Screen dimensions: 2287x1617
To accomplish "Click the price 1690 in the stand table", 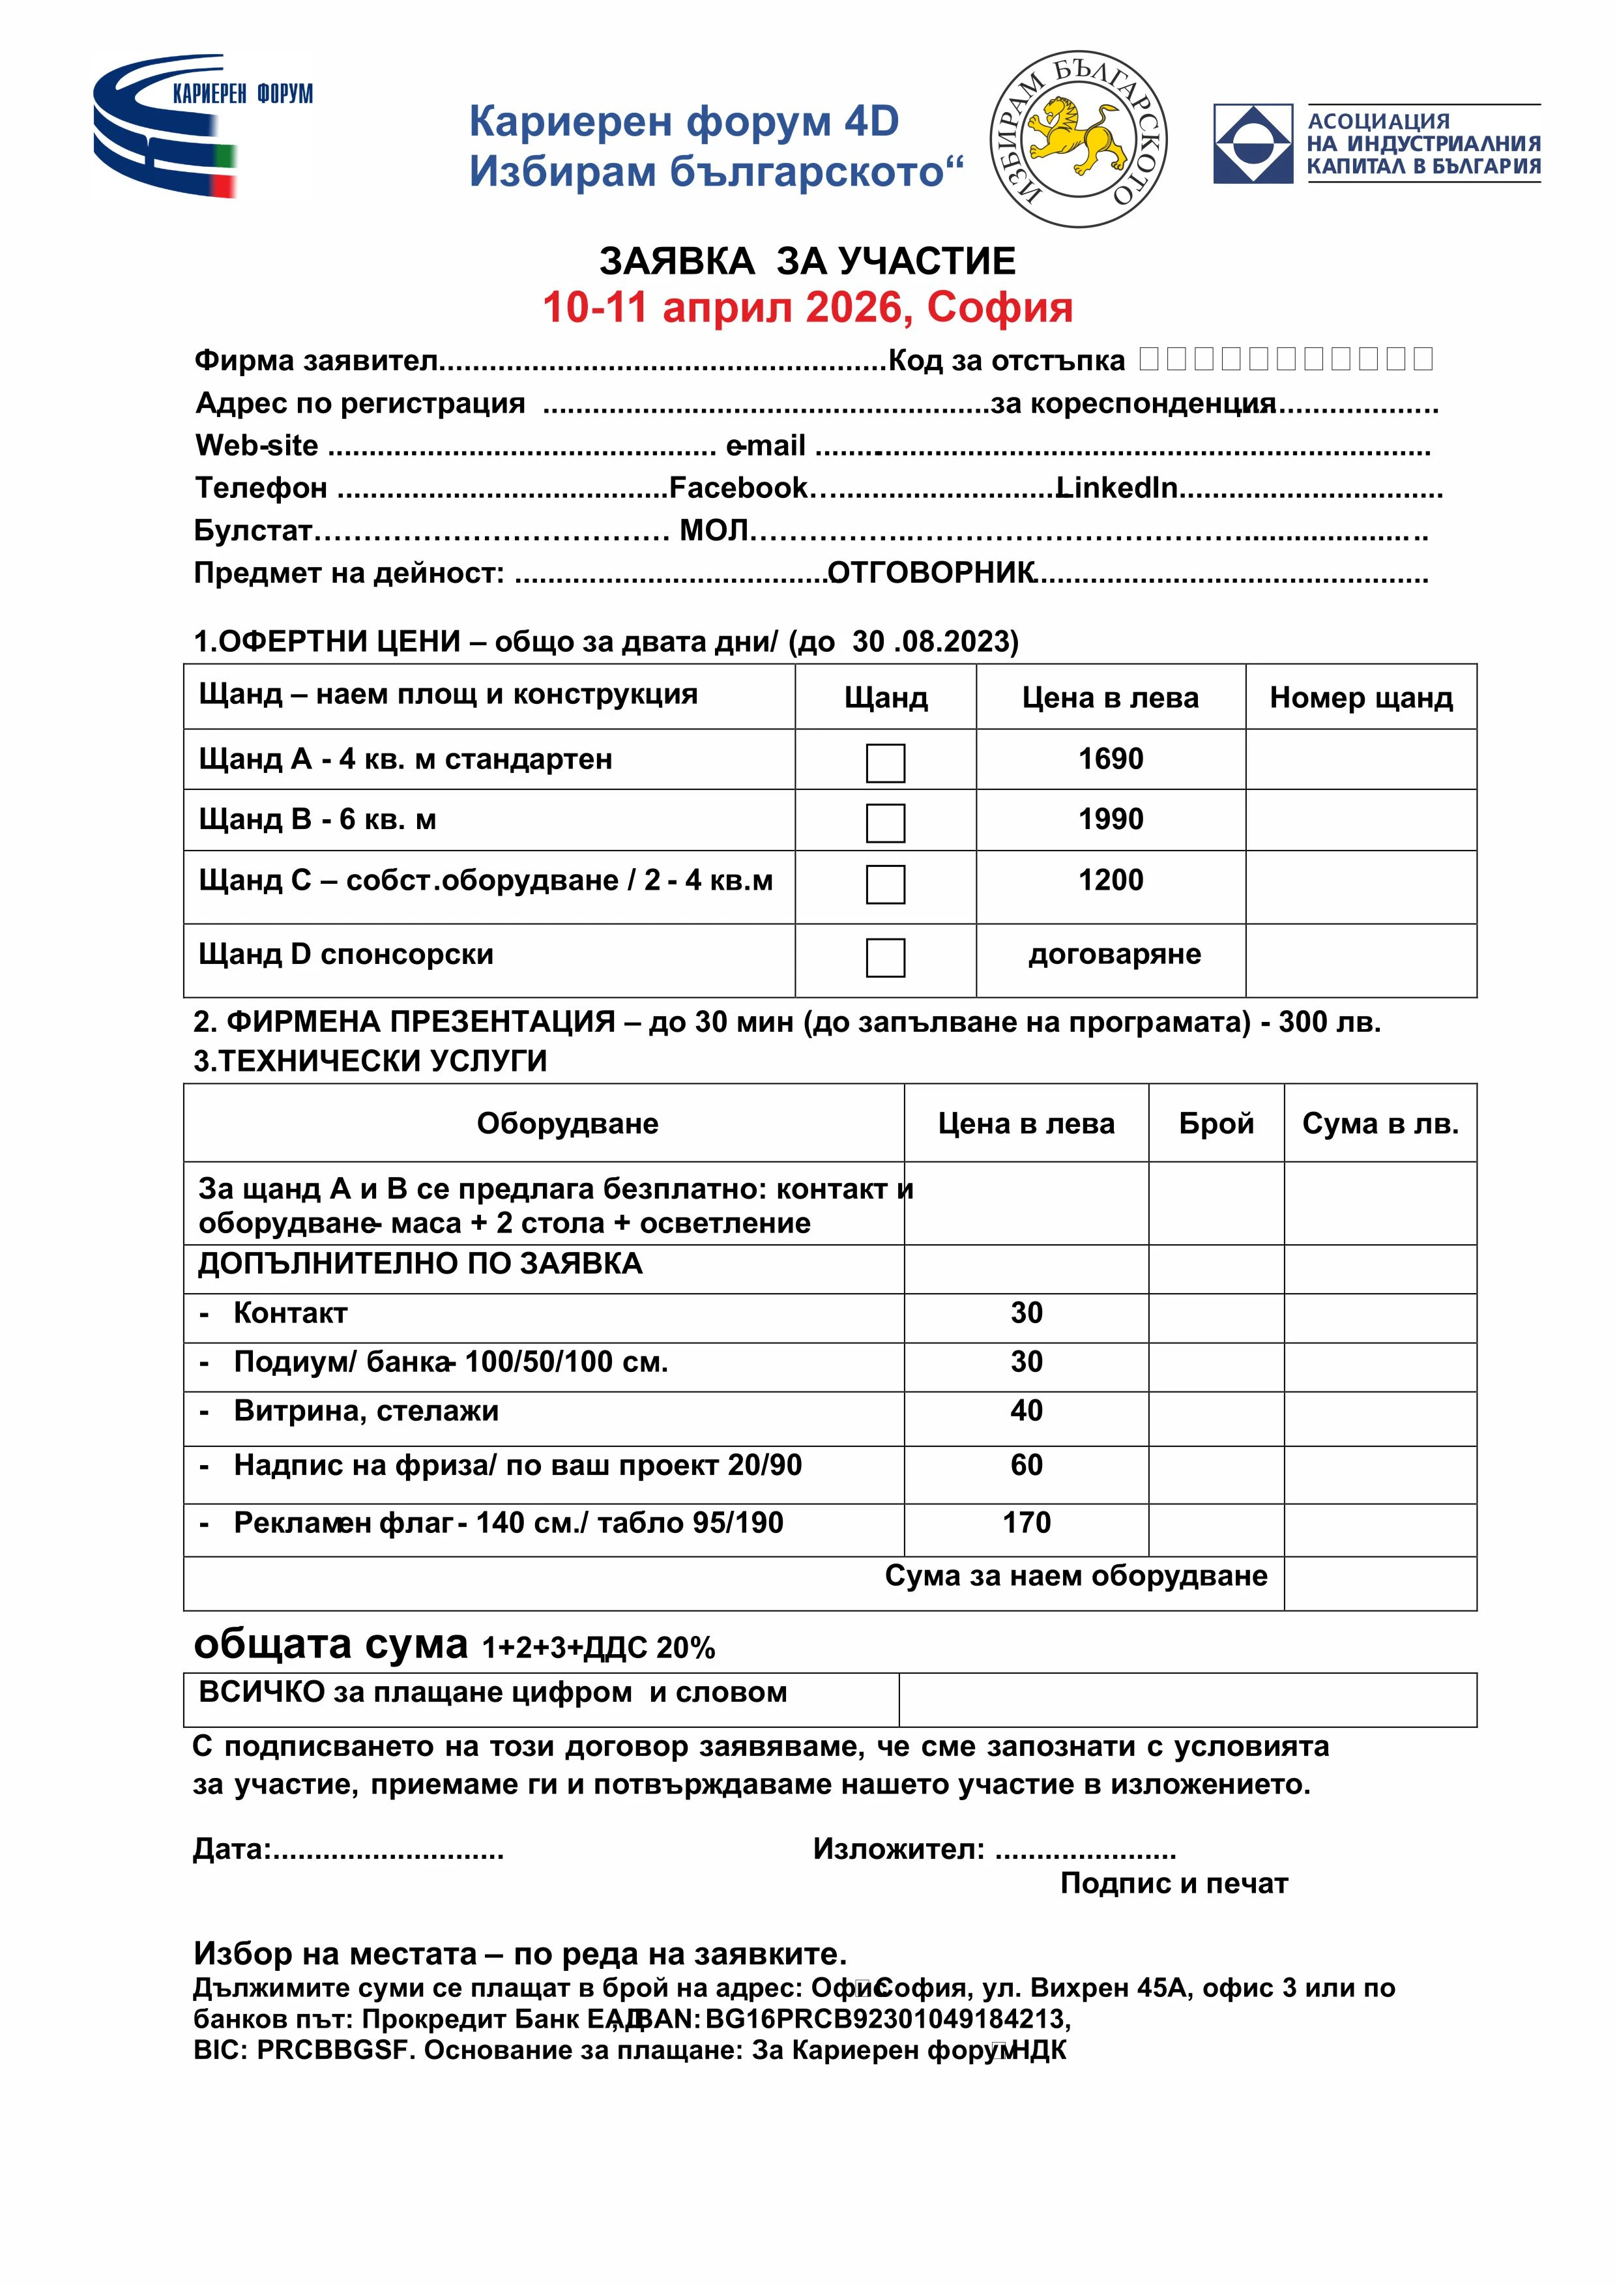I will coord(1110,759).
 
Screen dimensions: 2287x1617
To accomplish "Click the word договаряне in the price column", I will coord(1114,954).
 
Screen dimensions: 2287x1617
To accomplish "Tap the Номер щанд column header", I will coord(1360,697).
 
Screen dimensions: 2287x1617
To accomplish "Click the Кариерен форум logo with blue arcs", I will coord(199,124).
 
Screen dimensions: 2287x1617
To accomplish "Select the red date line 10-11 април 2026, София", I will coord(807,308).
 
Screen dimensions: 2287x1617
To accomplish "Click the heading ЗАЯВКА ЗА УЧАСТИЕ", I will coord(807,261).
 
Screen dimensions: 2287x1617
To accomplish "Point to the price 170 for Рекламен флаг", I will coord(1027,1522).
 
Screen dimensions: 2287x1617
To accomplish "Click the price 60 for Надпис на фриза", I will coord(1027,1464).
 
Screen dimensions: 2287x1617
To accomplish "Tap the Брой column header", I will coord(1216,1124).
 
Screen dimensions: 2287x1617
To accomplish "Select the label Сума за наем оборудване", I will coord(1076,1576).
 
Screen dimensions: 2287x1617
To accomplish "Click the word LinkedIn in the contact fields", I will coord(1117,488).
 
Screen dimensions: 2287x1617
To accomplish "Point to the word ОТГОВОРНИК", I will coord(931,573).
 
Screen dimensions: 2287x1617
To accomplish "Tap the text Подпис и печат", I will coord(1174,1884).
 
